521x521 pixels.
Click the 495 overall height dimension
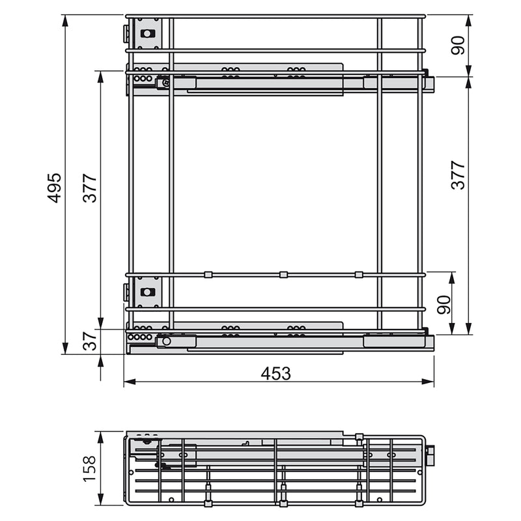coord(55,187)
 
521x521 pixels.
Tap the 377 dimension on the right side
coord(458,175)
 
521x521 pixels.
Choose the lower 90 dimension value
coord(444,304)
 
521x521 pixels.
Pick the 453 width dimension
coord(275,373)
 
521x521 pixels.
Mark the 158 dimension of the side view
coord(89,468)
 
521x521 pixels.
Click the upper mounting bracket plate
coord(148,33)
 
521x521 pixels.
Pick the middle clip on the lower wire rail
coord(283,275)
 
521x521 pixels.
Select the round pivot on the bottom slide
coord(167,341)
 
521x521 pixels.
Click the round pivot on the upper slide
coord(165,83)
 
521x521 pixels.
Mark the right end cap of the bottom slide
coord(429,341)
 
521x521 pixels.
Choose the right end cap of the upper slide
coord(429,83)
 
